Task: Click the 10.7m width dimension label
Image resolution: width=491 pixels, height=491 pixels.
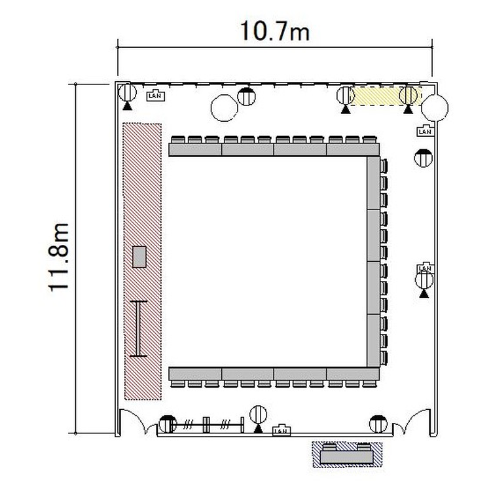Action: coord(274,31)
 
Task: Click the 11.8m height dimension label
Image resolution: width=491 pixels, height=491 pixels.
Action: coord(58,257)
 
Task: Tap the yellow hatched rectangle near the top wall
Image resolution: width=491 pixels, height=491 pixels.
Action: coord(386,96)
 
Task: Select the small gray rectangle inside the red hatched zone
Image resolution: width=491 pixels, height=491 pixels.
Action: coord(139,257)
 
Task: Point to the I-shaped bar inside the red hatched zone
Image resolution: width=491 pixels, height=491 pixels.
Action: coord(138,329)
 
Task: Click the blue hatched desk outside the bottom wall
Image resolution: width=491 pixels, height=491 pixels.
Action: coord(347,455)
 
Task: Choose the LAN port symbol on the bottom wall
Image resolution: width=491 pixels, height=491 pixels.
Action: coord(282,430)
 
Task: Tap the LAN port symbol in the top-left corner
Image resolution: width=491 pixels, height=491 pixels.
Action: coord(156,96)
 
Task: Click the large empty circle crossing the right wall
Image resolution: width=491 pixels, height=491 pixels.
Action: coord(435,107)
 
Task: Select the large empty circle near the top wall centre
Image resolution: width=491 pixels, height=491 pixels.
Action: coord(224,108)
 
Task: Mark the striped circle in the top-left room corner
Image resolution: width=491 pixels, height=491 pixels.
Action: coord(128,92)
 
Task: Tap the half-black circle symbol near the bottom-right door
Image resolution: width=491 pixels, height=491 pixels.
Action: coord(378,424)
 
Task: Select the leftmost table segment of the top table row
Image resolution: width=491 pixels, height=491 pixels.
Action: coord(195,149)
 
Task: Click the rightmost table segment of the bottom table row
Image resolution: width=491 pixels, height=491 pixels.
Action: coord(353,374)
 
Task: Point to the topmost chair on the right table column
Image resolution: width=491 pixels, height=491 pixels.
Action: coord(384,166)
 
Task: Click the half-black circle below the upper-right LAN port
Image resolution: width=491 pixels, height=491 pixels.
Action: coord(424,158)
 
